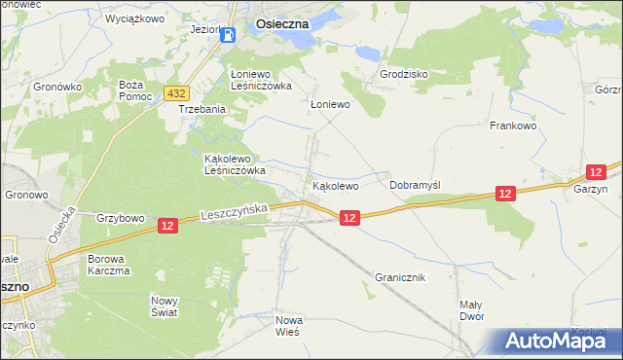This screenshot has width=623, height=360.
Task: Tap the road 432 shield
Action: point(176,93)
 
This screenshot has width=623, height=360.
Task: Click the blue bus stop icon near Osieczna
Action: point(228,35)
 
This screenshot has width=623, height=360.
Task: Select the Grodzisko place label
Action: point(404,74)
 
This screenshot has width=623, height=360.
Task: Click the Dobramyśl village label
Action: point(415,184)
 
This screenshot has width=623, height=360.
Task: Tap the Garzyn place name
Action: point(590,190)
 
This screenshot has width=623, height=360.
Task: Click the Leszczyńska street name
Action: point(238,209)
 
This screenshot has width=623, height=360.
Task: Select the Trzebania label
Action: point(202,109)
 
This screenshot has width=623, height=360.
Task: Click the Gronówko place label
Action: point(57,87)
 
